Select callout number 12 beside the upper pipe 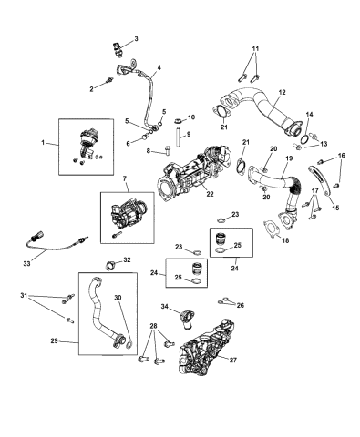pos(282,92)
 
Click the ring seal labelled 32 pos(112,265)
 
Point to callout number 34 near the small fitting pos(164,305)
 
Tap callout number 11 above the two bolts pos(255,47)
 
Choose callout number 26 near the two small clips pos(241,305)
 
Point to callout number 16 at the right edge pos(343,157)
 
